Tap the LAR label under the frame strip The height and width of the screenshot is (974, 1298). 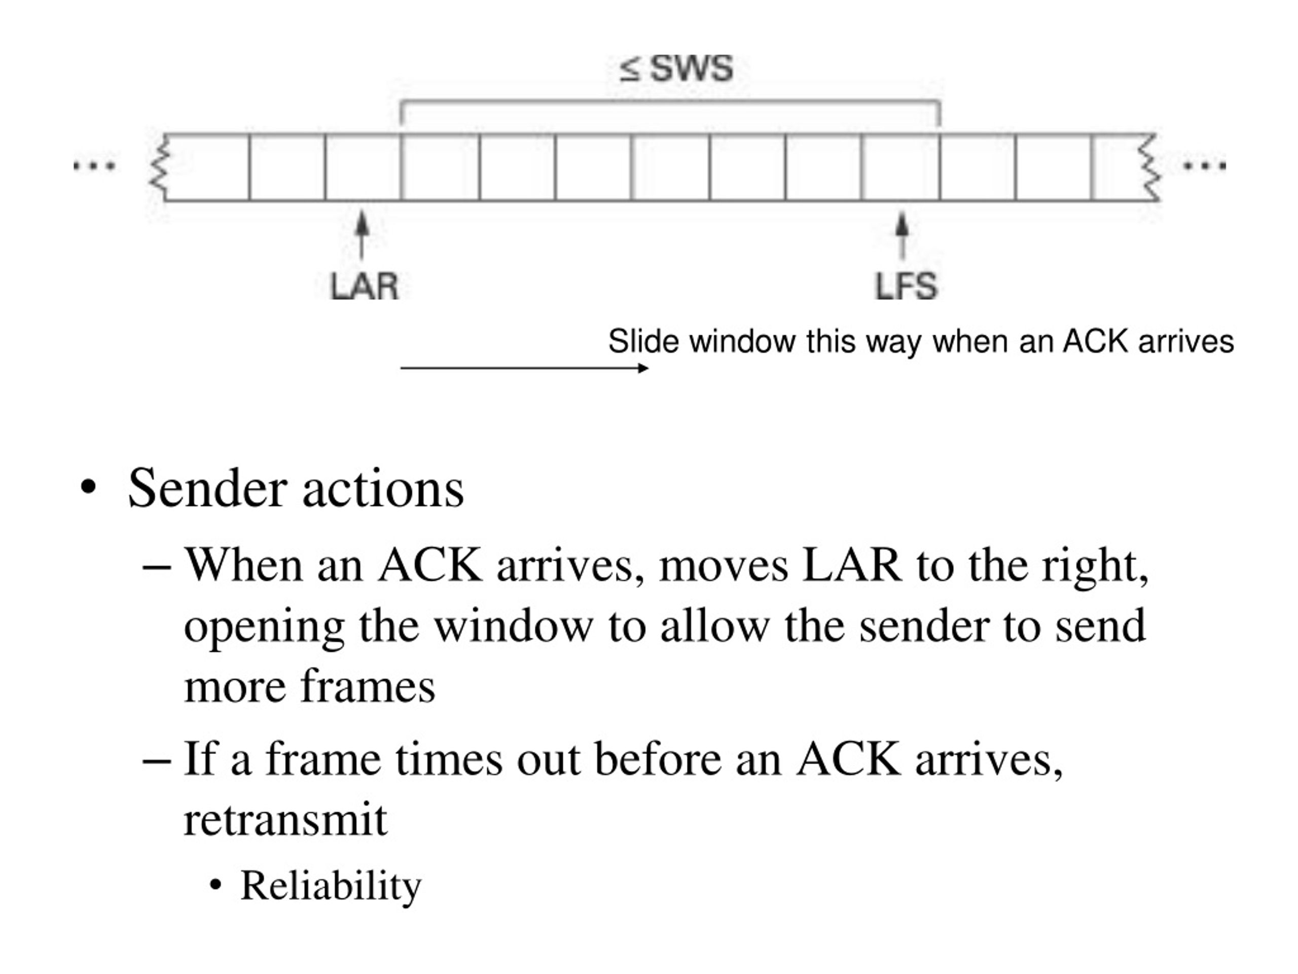click(365, 287)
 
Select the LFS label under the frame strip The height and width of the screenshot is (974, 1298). click(906, 287)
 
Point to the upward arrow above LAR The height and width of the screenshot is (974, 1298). click(363, 235)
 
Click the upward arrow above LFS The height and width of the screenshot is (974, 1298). click(903, 235)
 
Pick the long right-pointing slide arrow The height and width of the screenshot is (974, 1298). click(524, 368)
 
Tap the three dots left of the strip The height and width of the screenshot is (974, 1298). click(94, 166)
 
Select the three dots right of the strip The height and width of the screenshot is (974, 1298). click(1205, 166)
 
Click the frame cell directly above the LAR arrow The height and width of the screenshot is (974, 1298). click(363, 167)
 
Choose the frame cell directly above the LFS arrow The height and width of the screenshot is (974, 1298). click(900, 167)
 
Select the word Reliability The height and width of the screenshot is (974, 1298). click(331, 885)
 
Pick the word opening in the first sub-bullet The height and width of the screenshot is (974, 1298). click(264, 627)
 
